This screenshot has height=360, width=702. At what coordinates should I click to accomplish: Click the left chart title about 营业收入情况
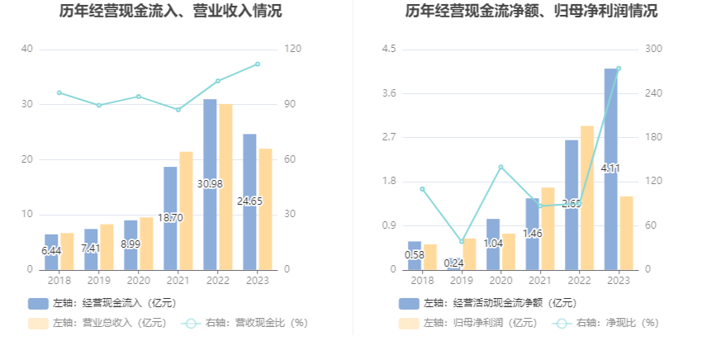point(170,12)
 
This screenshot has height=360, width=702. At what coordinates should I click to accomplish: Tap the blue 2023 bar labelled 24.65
point(249,201)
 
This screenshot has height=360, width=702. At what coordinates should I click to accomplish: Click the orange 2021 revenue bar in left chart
point(187,211)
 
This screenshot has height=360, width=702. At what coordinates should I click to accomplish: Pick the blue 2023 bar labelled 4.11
point(610,169)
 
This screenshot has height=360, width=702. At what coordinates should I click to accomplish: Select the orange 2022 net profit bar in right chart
point(587,197)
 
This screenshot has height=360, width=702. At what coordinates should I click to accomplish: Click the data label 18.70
point(170,217)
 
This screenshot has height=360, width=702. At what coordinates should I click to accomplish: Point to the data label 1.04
point(493,243)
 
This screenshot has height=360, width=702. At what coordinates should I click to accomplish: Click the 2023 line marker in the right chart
point(619,69)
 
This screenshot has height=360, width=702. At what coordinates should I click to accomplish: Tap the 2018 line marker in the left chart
point(59,92)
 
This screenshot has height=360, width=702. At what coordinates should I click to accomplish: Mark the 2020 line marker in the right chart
point(500,167)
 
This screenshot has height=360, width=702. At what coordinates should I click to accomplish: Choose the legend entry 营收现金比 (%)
point(246,323)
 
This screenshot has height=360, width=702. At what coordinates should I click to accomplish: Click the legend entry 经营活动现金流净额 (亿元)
point(487,303)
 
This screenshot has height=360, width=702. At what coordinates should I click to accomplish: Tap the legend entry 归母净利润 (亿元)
point(469,323)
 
